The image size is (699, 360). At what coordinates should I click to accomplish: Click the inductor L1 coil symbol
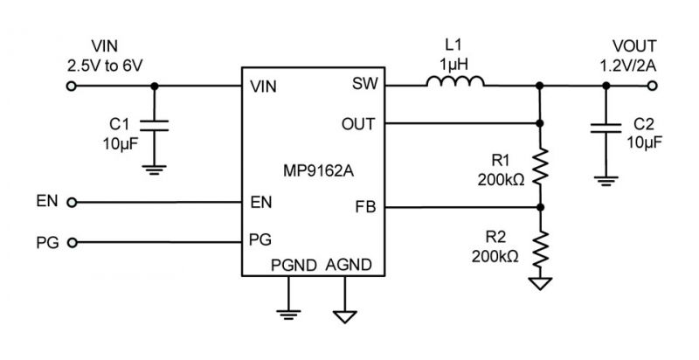(x=455, y=81)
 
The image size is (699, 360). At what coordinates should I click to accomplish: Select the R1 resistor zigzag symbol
(x=540, y=167)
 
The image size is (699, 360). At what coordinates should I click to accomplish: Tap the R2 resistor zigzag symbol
(x=540, y=249)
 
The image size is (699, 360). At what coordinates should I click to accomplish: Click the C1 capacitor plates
(x=155, y=125)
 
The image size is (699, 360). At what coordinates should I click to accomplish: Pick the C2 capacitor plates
(x=606, y=128)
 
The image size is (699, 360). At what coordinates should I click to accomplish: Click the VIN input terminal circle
(x=72, y=86)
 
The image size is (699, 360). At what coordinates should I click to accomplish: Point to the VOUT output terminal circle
(x=652, y=86)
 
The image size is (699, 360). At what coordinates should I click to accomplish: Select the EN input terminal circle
(x=72, y=203)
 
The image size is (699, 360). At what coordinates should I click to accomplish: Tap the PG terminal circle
(x=72, y=243)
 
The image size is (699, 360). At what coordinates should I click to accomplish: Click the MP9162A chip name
(x=318, y=170)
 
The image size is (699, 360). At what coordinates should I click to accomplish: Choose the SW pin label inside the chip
(x=364, y=83)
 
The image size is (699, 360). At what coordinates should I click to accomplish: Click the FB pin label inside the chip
(x=365, y=207)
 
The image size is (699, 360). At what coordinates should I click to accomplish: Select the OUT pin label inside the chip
(x=358, y=124)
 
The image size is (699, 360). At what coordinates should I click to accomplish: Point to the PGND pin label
(x=294, y=265)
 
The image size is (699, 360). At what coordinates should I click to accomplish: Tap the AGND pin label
(x=349, y=265)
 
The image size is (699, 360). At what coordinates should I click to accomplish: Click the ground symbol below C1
(x=155, y=170)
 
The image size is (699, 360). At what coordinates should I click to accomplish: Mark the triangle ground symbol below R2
(x=540, y=283)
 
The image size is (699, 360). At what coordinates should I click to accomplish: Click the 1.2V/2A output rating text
(x=627, y=66)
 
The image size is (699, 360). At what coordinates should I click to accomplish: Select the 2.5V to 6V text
(x=105, y=66)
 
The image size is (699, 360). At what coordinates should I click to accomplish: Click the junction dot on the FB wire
(x=540, y=207)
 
